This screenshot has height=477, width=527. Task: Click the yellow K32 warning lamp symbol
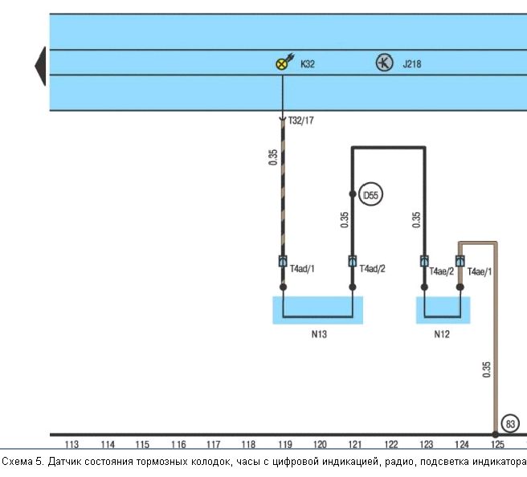click(x=281, y=63)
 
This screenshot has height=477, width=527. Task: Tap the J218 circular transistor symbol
click(x=384, y=63)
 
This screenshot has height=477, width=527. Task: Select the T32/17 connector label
click(x=300, y=120)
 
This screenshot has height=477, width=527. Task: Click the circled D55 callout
click(x=370, y=195)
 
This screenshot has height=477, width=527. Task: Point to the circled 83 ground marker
click(x=510, y=424)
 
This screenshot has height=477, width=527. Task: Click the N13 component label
click(x=319, y=334)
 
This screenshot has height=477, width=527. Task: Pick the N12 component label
click(x=442, y=334)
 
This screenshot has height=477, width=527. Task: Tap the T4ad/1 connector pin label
click(x=302, y=269)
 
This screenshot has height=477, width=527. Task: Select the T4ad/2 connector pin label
click(x=373, y=269)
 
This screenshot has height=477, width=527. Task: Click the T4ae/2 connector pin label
click(x=442, y=271)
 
